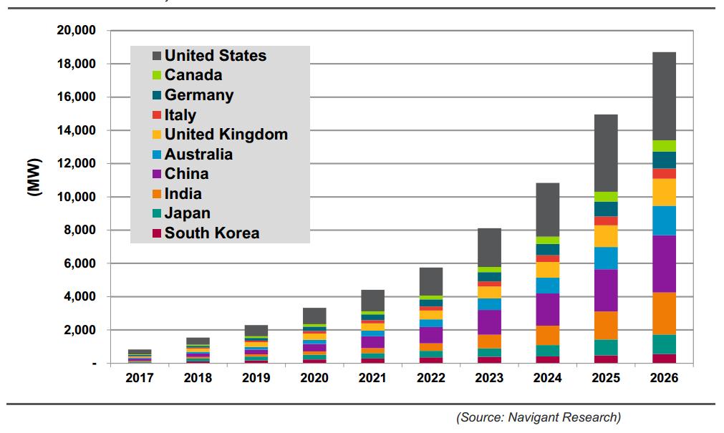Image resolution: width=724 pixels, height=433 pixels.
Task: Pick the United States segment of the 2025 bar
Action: (605, 153)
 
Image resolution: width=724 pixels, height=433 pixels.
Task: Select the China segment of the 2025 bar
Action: (605, 290)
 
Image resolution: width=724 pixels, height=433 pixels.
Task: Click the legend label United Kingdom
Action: (226, 135)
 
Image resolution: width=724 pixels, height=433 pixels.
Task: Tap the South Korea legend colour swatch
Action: (155, 233)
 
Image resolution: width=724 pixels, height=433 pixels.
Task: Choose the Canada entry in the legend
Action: (193, 75)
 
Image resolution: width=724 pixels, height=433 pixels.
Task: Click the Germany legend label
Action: (198, 95)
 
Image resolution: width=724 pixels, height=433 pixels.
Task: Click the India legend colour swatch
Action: (155, 194)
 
